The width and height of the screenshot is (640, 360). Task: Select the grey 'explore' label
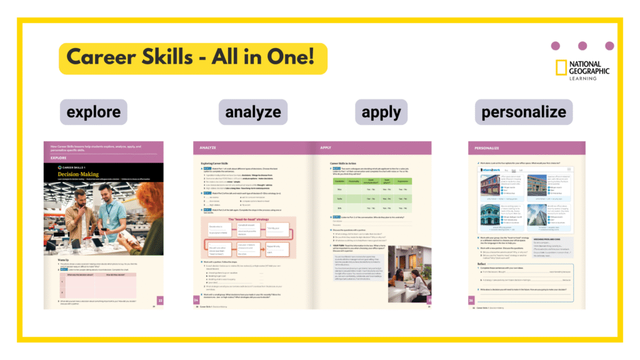(94, 112)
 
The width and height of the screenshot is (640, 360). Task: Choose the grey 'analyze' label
(253, 112)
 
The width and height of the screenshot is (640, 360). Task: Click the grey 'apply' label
(381, 112)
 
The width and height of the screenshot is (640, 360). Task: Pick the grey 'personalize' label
(524, 112)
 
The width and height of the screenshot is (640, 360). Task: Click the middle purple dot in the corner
(582, 46)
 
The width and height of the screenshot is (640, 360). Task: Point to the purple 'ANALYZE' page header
(209, 149)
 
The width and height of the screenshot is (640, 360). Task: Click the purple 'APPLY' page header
(326, 149)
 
